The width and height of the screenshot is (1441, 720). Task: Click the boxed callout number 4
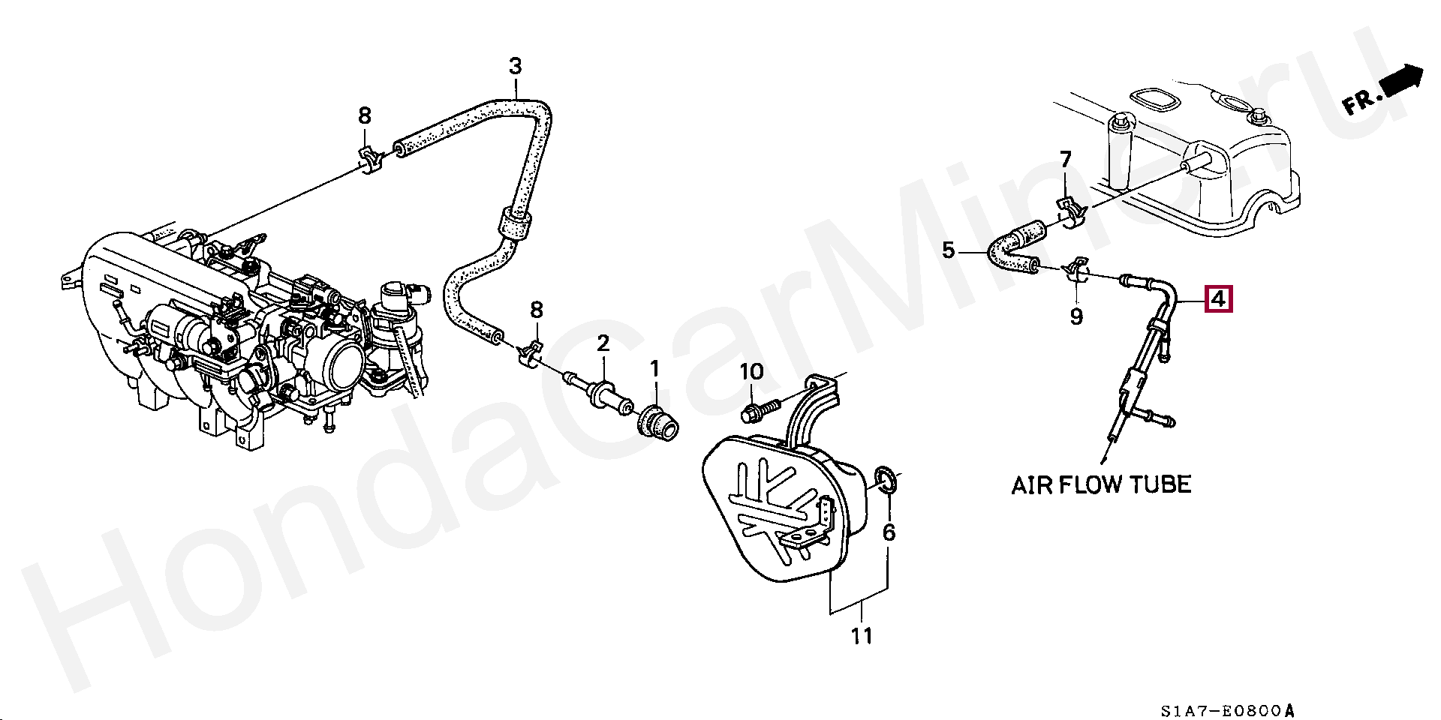click(1217, 299)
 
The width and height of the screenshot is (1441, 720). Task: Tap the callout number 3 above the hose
click(515, 66)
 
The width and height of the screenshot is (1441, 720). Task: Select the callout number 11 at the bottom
click(862, 636)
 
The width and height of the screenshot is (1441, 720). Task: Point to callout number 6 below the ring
click(889, 532)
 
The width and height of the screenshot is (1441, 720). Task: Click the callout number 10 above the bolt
click(751, 372)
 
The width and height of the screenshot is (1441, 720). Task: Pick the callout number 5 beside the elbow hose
click(949, 250)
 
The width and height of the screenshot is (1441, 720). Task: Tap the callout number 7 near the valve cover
click(1066, 159)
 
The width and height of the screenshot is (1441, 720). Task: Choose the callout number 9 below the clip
click(1076, 316)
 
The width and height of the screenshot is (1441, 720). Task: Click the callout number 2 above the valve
click(603, 343)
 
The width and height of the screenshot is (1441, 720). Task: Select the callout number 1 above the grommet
click(654, 368)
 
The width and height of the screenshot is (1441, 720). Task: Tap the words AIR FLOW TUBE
click(1101, 485)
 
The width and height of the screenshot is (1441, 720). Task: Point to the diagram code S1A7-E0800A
click(1227, 710)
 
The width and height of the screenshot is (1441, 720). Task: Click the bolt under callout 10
click(760, 410)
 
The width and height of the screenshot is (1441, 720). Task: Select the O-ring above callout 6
click(886, 480)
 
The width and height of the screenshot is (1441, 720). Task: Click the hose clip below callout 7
click(1071, 211)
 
